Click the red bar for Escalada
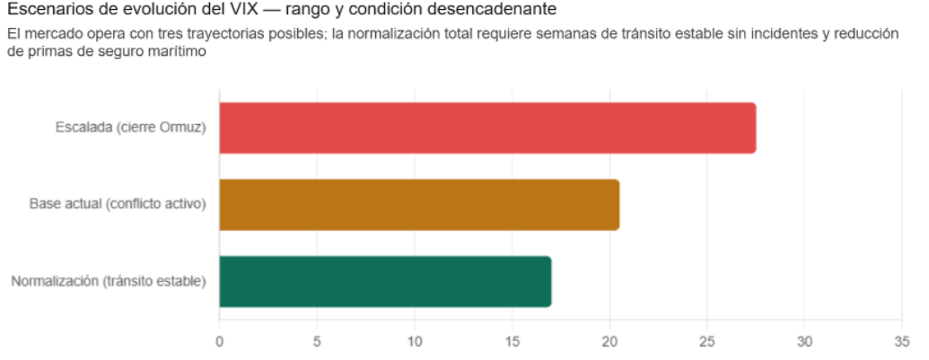[487, 128]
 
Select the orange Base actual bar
[419, 205]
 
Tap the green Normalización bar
[385, 281]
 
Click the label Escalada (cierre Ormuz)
[130, 127]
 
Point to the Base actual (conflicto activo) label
[118, 204]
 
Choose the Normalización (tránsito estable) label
[109, 281]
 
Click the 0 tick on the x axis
[219, 341]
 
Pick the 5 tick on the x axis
[317, 341]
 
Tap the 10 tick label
[415, 341]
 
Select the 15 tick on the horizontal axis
[512, 341]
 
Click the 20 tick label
[609, 341]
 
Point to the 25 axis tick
[707, 341]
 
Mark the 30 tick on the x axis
[805, 341]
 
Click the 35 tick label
[902, 341]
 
